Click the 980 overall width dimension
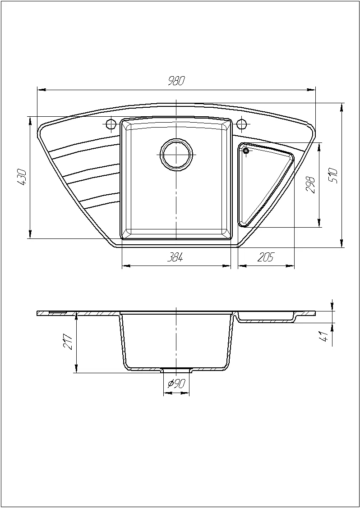(176, 81)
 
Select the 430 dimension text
(23, 177)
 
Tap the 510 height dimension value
(333, 176)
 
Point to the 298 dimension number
(310, 185)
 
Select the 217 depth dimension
(68, 341)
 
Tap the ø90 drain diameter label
(176, 384)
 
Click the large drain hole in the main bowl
(176, 155)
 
